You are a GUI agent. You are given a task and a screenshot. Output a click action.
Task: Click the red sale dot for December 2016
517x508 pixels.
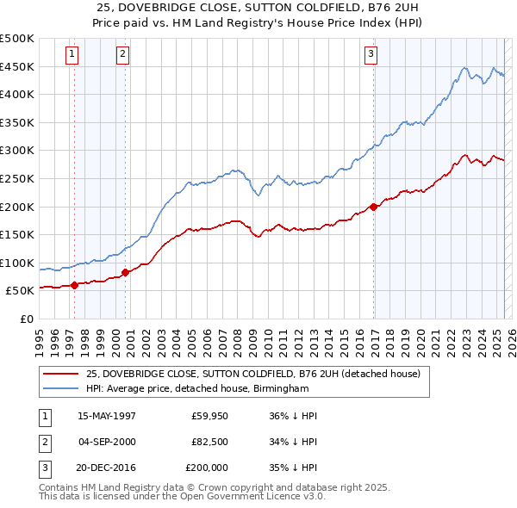[x=373, y=207]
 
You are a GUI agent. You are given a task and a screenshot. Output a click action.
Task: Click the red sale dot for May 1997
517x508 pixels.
[x=74, y=285]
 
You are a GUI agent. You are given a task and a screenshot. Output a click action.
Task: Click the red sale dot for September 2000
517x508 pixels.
[x=125, y=272]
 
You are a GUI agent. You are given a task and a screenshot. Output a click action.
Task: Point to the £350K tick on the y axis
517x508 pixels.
[x=18, y=122]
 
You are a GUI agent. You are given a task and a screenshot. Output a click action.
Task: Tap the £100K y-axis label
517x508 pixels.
[x=18, y=263]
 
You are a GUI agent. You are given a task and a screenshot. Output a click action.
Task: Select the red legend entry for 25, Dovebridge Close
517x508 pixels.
[x=252, y=374]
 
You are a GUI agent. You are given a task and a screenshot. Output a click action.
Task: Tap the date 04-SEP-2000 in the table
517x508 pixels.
[x=106, y=442]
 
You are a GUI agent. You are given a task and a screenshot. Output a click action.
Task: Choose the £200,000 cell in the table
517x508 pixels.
[x=207, y=468]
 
